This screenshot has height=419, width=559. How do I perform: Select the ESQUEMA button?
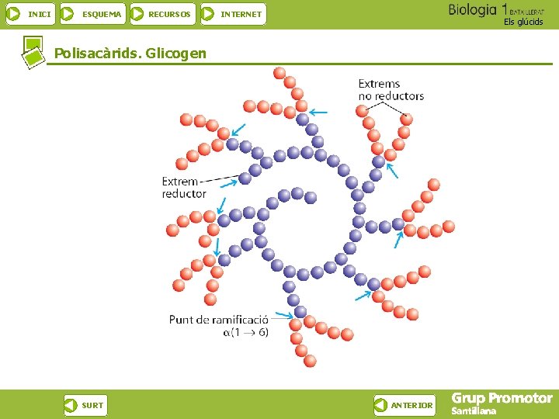tap(92, 14)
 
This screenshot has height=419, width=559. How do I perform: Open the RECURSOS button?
tap(161, 14)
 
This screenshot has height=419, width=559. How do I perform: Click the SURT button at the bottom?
tap(85, 405)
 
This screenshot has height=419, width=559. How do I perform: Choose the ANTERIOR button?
tap(404, 405)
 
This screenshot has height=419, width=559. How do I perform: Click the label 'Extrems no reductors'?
tap(391, 89)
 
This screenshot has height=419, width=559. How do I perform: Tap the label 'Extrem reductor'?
tap(184, 188)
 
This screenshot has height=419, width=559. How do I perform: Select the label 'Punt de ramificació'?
tap(218, 319)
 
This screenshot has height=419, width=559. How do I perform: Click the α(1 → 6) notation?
tap(245, 332)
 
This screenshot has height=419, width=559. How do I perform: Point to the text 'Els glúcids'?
tap(523, 22)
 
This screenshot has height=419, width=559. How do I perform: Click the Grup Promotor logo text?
tap(502, 399)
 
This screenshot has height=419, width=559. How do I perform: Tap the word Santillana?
tap(473, 411)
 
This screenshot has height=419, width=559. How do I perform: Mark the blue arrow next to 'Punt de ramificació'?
tap(283, 316)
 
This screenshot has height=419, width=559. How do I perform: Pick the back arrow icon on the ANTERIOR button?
tap(381, 405)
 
